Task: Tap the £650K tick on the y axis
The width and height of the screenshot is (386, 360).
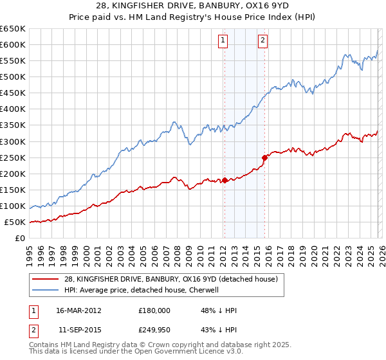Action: coord(13,29)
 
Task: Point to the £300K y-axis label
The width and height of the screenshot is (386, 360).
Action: coord(13,141)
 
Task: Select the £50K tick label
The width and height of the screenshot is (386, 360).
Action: coord(15,222)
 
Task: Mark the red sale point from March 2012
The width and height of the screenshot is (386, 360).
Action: coord(225,181)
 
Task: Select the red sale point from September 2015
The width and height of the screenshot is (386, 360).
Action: coord(264,157)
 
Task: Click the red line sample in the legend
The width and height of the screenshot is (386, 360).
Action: coord(45,279)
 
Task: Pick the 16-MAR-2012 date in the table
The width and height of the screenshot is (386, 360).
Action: coord(78,310)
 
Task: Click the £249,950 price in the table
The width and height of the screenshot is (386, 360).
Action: coord(154,329)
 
